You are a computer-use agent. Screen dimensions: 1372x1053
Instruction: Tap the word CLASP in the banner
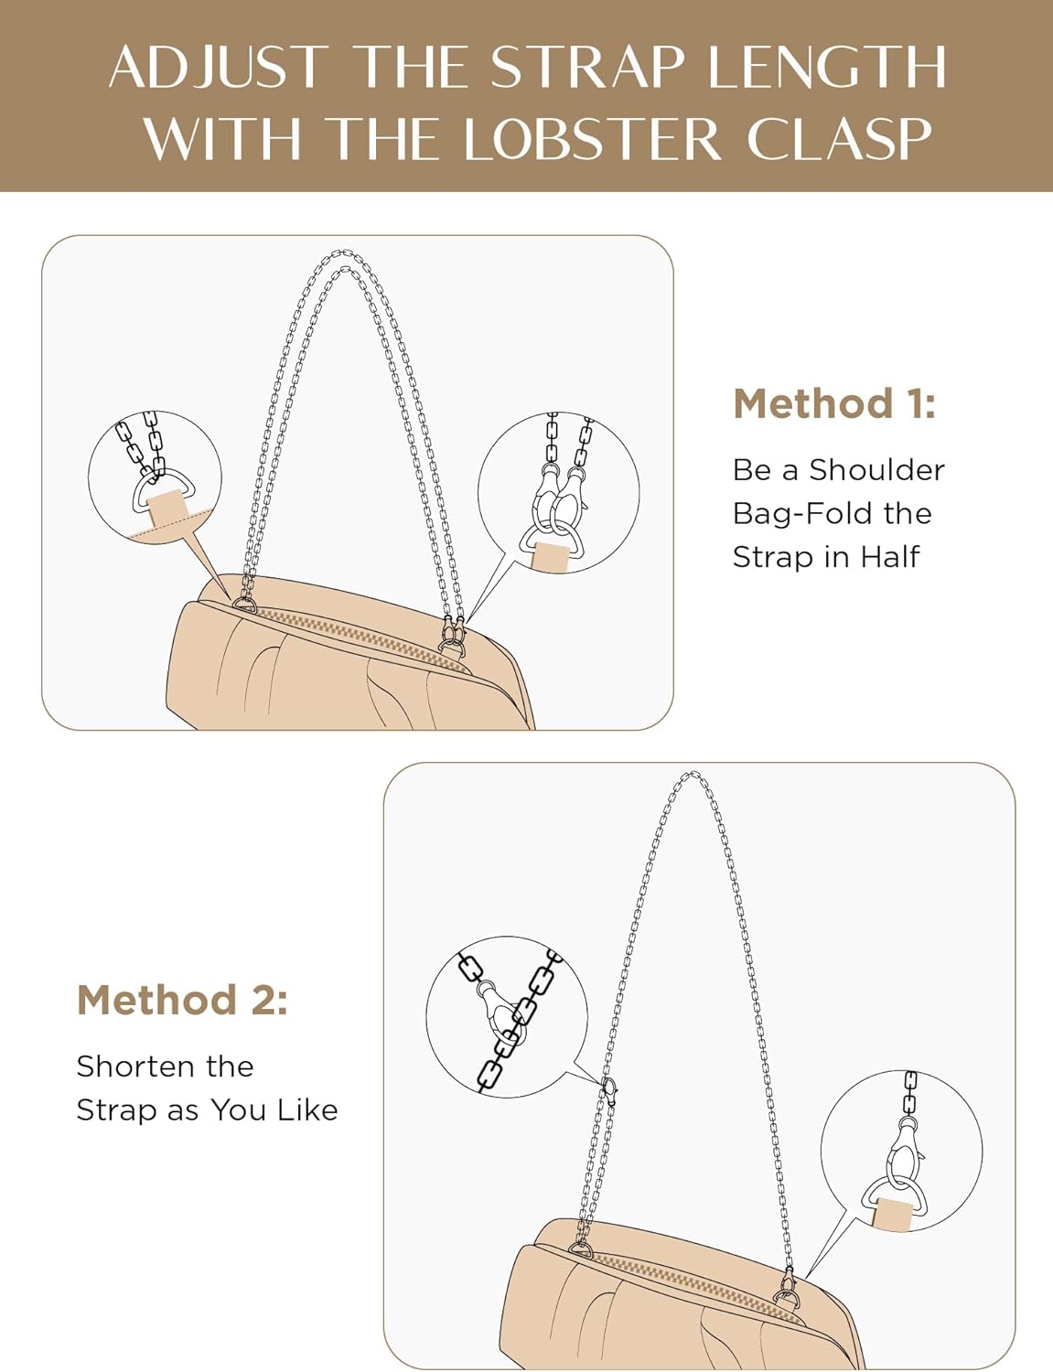coord(839,140)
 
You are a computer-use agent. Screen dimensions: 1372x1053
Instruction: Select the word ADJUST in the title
coord(218,68)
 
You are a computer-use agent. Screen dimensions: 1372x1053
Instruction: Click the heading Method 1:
coord(834,403)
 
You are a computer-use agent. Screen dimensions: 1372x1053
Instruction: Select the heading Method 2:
coord(182,1000)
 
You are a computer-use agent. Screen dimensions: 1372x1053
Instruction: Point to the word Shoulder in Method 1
coord(876,470)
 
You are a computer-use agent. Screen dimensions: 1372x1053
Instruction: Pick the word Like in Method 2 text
coord(307,1109)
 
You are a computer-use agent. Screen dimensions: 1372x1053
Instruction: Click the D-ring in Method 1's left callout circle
coord(160,490)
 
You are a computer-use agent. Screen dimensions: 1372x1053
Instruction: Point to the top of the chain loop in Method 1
coord(342,256)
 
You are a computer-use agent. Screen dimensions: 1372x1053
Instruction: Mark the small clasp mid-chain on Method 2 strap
coord(609,1089)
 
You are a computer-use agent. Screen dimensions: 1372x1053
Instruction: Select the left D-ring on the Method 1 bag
coord(245,604)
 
